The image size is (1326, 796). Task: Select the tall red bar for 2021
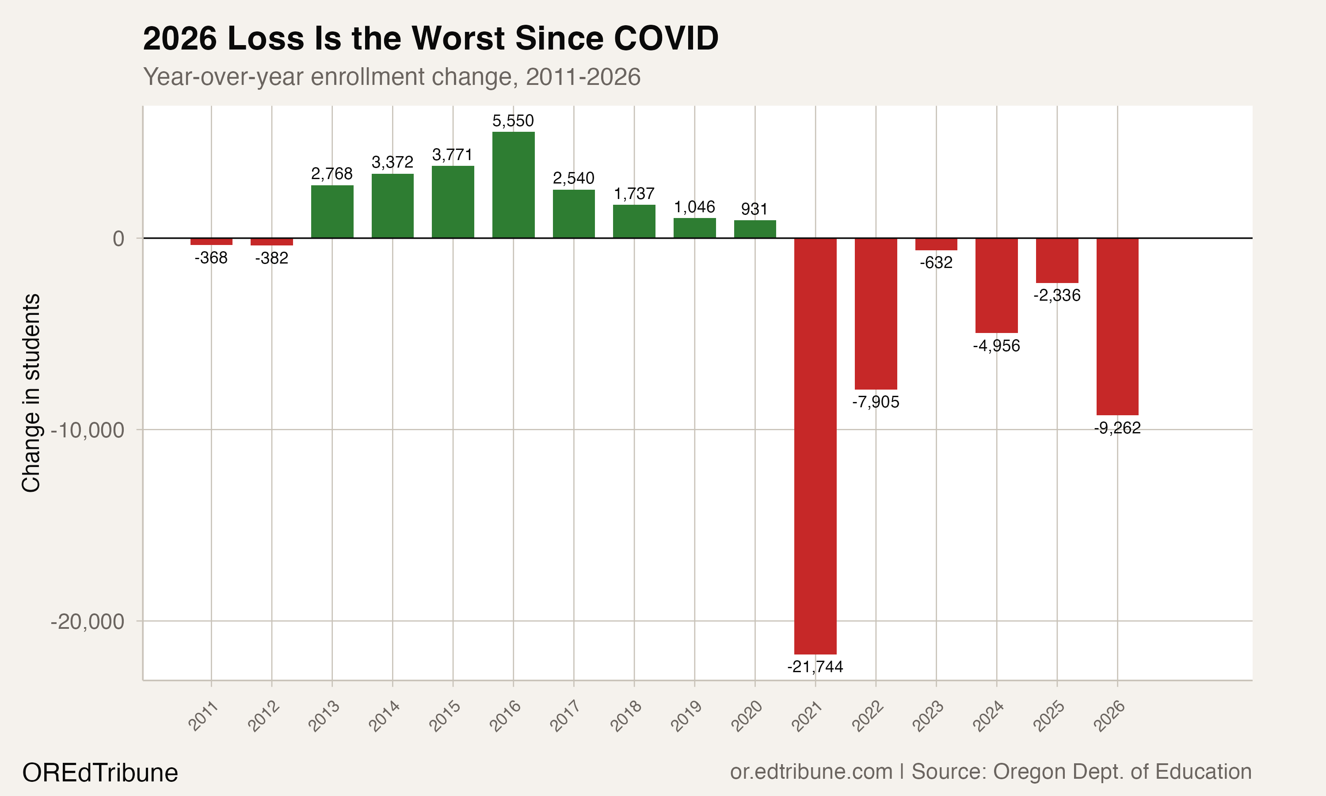(815, 445)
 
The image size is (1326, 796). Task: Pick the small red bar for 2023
(936, 244)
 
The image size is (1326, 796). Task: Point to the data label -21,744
(815, 667)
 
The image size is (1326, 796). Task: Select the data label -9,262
(1117, 428)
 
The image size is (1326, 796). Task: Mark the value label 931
(754, 209)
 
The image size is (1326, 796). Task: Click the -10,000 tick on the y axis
(88, 430)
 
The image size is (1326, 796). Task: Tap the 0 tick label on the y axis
(118, 239)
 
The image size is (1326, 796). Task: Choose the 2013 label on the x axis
(324, 716)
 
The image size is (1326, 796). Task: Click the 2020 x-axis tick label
(747, 716)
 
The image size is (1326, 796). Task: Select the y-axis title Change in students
(31, 393)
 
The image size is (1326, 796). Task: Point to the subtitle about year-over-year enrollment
(392, 77)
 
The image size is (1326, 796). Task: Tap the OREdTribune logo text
(100, 773)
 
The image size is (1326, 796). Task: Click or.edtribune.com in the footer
(811, 772)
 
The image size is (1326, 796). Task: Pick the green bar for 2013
(332, 211)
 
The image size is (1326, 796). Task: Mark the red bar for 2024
(996, 285)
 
